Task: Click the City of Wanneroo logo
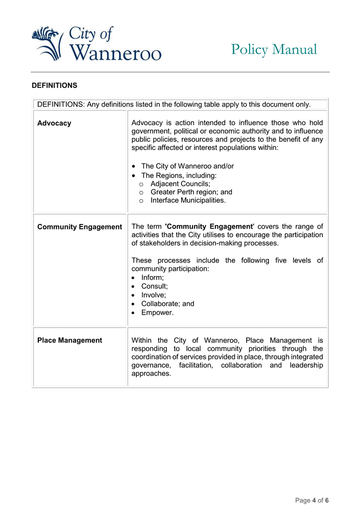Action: (x=96, y=43)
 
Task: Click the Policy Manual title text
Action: (x=274, y=49)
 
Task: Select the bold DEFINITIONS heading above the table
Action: (x=54, y=85)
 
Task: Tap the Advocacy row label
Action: (x=54, y=123)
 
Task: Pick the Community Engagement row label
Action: (x=80, y=227)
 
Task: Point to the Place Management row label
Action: (x=69, y=340)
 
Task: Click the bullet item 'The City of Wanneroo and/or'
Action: (x=187, y=166)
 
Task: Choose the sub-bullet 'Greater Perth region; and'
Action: (x=191, y=192)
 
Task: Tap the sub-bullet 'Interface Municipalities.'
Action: (x=188, y=201)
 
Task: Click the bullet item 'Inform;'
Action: (x=153, y=278)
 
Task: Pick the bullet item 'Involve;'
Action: (x=154, y=295)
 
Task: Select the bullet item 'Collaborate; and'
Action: (x=167, y=304)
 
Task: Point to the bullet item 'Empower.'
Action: (x=157, y=312)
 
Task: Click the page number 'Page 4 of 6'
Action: (x=311, y=501)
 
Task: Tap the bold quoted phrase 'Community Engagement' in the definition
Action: (x=209, y=227)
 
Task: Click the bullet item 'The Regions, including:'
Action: (x=179, y=175)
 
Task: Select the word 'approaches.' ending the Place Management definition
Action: (x=151, y=374)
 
